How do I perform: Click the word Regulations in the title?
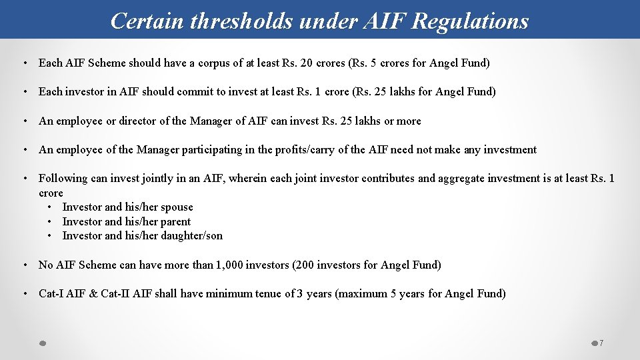[470, 21]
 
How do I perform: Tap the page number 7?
[601, 343]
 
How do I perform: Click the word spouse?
[177, 207]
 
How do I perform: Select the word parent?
[175, 222]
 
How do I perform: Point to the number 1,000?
[229, 265]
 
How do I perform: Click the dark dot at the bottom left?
[41, 343]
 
